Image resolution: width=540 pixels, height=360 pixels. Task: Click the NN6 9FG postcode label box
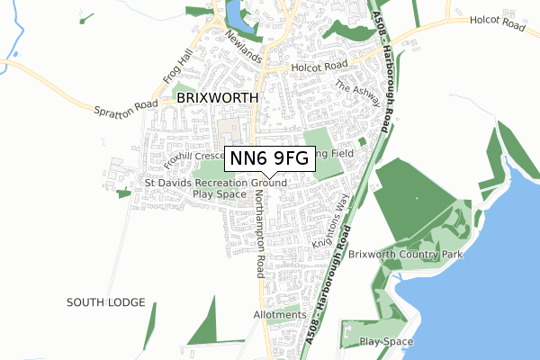(x=268, y=158)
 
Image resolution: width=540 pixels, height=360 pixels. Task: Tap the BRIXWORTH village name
(x=217, y=97)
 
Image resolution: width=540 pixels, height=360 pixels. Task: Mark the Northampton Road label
(x=259, y=233)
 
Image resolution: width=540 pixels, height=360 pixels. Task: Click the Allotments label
(x=280, y=315)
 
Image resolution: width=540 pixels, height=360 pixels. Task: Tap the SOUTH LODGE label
(x=105, y=302)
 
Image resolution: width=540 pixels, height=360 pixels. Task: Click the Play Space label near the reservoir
(x=386, y=342)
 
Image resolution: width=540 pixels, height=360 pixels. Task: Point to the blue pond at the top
(x=234, y=13)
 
